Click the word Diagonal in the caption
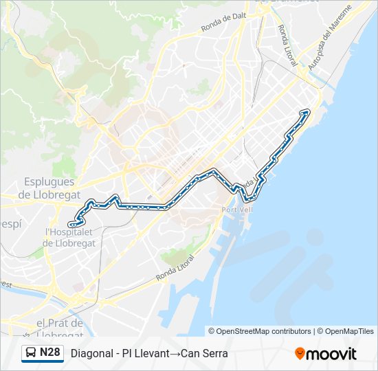(91, 354)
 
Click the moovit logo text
(331, 354)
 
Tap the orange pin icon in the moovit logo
(300, 353)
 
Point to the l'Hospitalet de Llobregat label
(69, 237)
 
